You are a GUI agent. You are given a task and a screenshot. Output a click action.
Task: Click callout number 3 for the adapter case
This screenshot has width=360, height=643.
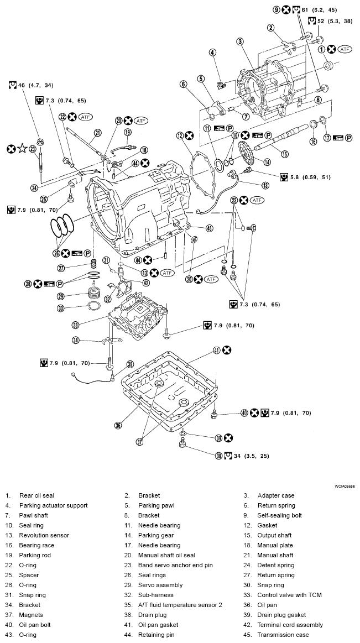pos(240,41)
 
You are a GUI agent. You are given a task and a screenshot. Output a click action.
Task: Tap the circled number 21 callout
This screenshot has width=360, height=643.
pos(97,132)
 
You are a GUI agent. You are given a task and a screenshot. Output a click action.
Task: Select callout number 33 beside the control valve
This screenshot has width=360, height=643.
pos(76,325)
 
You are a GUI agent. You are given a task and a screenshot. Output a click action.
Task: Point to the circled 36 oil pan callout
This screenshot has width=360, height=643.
pos(117,425)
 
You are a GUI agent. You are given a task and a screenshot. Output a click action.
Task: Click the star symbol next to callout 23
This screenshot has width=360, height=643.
pos(22,149)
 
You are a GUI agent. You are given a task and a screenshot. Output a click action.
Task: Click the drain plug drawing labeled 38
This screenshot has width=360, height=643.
pos(181,443)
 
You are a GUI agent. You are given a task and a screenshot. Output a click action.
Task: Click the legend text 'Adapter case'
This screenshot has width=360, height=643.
pos(276,495)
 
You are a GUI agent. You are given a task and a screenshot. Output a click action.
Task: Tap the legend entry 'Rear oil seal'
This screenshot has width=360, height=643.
pos(36,495)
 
